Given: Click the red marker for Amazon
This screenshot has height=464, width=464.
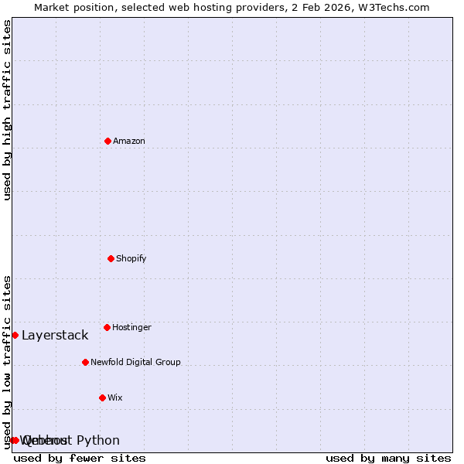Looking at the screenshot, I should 107,141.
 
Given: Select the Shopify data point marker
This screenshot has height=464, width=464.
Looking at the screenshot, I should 111,258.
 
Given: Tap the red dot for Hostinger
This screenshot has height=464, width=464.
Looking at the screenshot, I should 107,327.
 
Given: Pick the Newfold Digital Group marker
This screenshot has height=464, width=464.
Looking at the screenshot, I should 85,362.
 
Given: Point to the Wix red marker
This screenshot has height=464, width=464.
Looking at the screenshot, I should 102,397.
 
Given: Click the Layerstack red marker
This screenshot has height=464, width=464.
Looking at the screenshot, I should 15,335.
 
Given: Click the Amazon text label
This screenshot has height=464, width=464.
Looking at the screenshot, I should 129,141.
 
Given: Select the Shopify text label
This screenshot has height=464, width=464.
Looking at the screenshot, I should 131,258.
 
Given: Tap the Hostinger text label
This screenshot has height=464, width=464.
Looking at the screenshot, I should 131,327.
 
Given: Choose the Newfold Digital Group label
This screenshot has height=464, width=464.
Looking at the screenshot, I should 135,362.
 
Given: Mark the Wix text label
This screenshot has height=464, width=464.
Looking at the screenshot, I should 115,397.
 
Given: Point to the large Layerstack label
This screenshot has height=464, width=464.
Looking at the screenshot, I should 55,335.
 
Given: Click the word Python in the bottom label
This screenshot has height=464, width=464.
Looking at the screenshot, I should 98,440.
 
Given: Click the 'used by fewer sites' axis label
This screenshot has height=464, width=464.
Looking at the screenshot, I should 80,458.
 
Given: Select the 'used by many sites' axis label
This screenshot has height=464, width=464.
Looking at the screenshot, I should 388,458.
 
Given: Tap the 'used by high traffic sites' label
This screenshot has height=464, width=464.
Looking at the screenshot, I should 7,110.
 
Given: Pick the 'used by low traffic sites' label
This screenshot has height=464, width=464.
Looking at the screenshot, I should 7,362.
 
